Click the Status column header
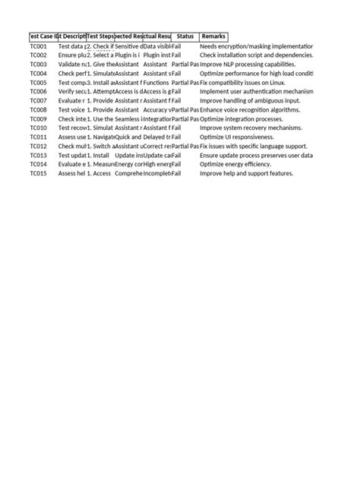pyautogui.click(x=185, y=36)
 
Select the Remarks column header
pyautogui.click(x=213, y=36)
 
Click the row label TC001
pyautogui.click(x=39, y=46)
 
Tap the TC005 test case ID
pyautogui.click(x=39, y=83)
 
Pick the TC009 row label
pyautogui.click(x=39, y=119)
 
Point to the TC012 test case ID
pyautogui.click(x=39, y=146)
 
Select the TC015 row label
pyautogui.click(x=39, y=173)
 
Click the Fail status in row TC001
pyautogui.click(x=176, y=46)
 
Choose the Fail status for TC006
pyautogui.click(x=176, y=92)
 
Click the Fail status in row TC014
pyautogui.click(x=176, y=164)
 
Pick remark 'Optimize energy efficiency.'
pyautogui.click(x=242, y=164)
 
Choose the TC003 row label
pyautogui.click(x=39, y=65)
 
